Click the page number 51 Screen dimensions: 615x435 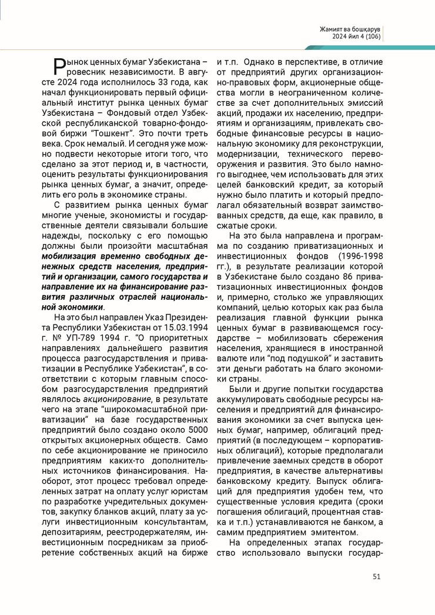[x=377, y=576]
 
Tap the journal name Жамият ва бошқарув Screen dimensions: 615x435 [x=350, y=29]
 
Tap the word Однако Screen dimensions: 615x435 [x=261, y=62]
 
